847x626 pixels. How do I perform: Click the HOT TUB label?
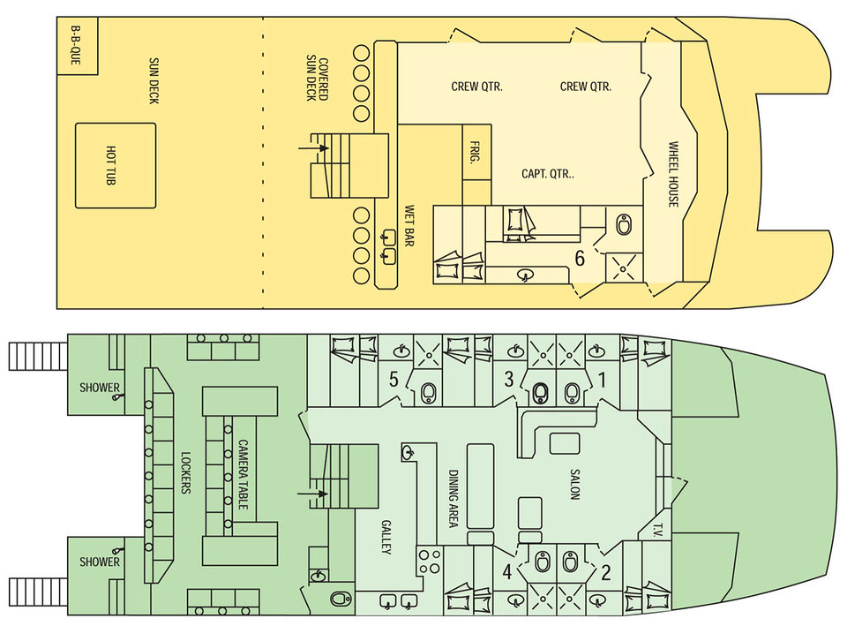coord(111,165)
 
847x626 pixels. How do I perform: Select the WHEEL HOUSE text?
coord(673,174)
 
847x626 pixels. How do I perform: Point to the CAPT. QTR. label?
coord(548,174)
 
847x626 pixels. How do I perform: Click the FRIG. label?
coord(476,152)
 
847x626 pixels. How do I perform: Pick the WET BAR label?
coord(409,226)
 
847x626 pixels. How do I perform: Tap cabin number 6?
coord(580,259)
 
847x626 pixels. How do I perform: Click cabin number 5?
coord(394,379)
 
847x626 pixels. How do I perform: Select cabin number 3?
coord(508,379)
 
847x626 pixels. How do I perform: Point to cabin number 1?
coord(603,380)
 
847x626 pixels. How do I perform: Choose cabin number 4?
coord(506,571)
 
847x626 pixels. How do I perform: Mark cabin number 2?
coord(605,571)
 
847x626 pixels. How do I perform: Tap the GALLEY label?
coord(386,537)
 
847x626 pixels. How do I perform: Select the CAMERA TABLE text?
coord(244,474)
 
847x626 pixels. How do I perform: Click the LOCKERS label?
coord(186,472)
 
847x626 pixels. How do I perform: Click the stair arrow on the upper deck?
coord(313,147)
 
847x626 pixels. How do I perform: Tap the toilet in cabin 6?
coord(624,224)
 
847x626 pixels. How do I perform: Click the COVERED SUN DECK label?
coord(317,79)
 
